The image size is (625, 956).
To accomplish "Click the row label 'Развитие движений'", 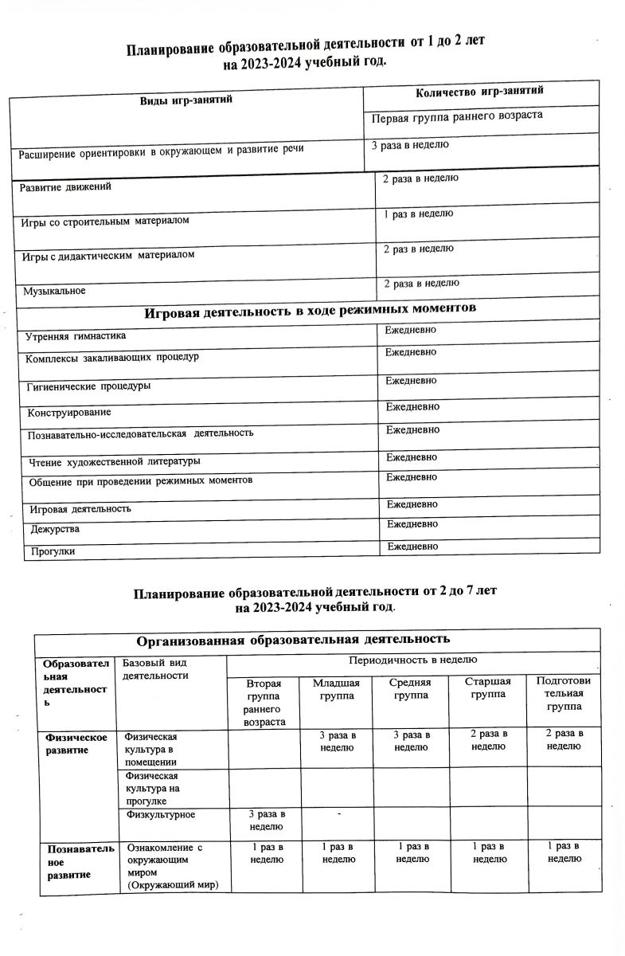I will click(x=66, y=187).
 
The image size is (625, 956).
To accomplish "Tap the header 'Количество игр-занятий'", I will click(x=480, y=92).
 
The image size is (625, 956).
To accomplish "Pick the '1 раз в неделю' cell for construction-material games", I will click(x=419, y=214).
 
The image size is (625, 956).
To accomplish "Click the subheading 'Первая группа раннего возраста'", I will click(x=457, y=116).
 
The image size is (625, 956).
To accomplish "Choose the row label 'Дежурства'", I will click(x=55, y=529).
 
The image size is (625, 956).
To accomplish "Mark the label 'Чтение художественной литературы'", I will click(x=115, y=461).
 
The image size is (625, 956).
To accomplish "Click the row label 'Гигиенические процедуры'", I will click(x=88, y=386).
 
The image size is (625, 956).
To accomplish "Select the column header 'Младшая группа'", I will click(x=336, y=689).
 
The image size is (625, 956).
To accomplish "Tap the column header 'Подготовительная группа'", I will click(x=564, y=694).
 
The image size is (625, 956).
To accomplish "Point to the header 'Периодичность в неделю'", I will click(x=412, y=661).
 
